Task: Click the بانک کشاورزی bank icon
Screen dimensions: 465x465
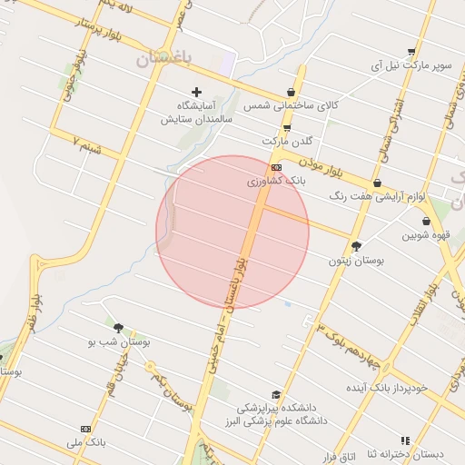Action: point(276,168)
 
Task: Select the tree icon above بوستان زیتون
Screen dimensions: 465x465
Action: point(356,245)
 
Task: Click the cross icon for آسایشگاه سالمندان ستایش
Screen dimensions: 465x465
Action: point(196,92)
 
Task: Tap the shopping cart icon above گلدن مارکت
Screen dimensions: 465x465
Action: point(287,128)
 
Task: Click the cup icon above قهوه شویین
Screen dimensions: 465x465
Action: point(425,221)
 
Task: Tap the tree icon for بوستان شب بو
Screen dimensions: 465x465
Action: point(118,327)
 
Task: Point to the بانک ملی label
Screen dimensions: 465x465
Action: point(86,442)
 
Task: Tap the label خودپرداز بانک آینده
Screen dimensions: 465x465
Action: point(399,388)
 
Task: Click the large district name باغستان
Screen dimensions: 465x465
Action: point(164,59)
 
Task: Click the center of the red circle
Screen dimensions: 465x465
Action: point(232,232)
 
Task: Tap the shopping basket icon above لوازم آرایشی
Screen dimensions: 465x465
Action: point(377,183)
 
